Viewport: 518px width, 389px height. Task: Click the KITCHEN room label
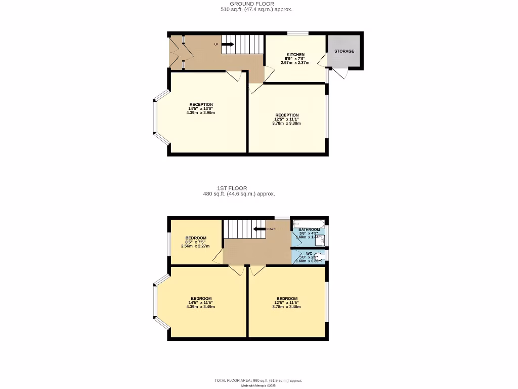click(x=295, y=54)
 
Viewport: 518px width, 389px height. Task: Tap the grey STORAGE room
click(x=344, y=51)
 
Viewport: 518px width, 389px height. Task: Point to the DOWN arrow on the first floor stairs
click(x=260, y=229)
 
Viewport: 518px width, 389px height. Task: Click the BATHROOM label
click(x=309, y=229)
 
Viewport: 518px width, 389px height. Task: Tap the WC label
click(x=309, y=253)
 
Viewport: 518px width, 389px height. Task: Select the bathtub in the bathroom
click(x=309, y=222)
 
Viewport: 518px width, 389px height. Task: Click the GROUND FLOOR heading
click(x=256, y=4)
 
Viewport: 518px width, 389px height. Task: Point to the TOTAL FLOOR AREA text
click(x=258, y=380)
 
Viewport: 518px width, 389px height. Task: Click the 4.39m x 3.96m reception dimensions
click(x=201, y=112)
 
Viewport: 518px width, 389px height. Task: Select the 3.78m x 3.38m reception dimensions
click(x=286, y=123)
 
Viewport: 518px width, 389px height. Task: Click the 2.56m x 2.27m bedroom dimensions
click(x=195, y=247)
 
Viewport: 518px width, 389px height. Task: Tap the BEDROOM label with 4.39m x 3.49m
click(x=201, y=298)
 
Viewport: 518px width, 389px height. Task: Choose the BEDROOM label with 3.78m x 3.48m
click(x=287, y=298)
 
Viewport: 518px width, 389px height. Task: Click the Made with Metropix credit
click(x=258, y=386)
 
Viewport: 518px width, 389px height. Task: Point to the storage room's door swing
click(x=341, y=74)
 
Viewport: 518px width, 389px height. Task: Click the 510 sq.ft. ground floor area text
click(x=256, y=10)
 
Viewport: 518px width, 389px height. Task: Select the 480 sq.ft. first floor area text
click(x=239, y=194)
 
